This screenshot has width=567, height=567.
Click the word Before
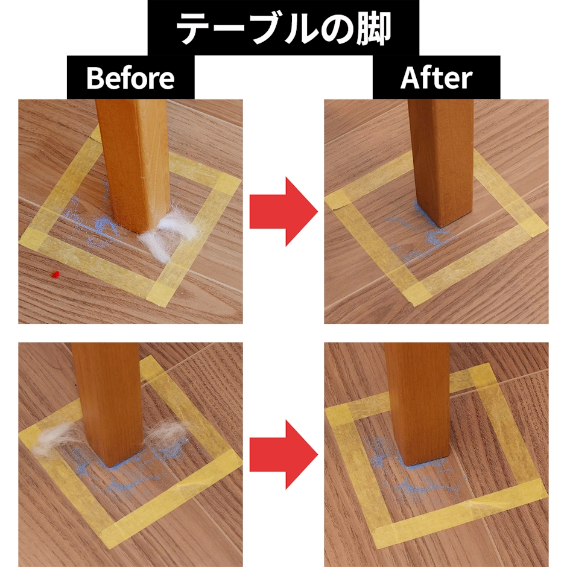click(130, 78)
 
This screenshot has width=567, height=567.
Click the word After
click(436, 77)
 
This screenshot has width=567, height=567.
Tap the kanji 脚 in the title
click(374, 30)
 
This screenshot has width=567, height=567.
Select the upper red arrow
click(283, 212)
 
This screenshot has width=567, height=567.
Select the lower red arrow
click(283, 455)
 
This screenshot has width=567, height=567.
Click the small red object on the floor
click(55, 275)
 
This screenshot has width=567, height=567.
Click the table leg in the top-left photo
click(133, 166)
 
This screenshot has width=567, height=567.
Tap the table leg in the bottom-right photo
click(417, 403)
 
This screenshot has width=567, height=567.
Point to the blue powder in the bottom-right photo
click(408, 474)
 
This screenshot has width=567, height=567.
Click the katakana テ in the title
click(195, 30)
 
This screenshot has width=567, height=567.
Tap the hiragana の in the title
click(337, 30)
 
